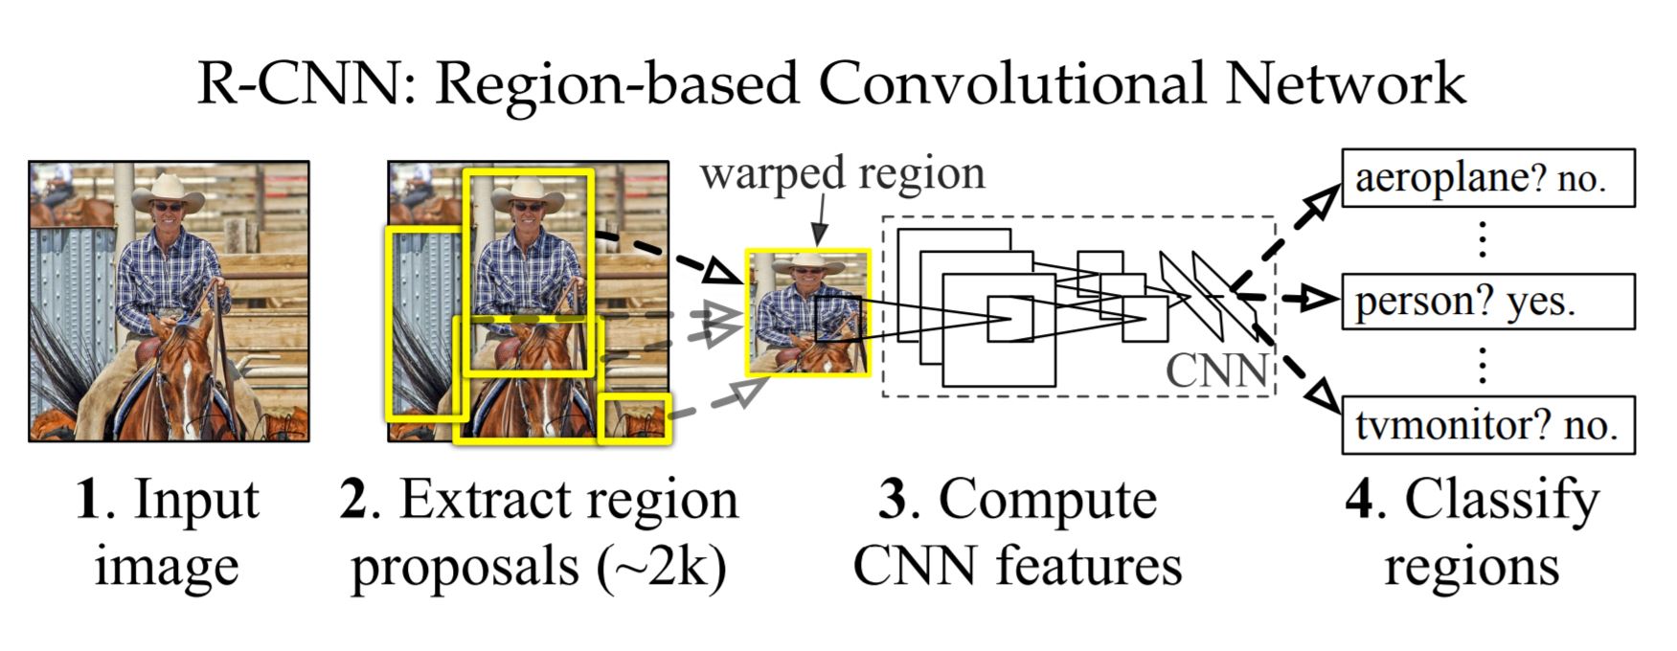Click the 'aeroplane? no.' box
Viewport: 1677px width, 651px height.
1486,178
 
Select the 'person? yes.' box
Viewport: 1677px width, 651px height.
1486,302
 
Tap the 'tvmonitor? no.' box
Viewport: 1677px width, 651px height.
1486,425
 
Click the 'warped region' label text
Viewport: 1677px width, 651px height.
841,174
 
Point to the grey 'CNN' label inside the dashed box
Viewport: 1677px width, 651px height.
1215,370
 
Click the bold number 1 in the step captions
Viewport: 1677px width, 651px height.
88,501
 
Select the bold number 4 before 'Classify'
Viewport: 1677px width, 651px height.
1360,501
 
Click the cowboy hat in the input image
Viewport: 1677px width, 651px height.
168,191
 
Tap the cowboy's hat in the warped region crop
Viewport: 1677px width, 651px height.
807,263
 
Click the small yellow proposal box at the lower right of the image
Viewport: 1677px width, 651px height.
634,418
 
